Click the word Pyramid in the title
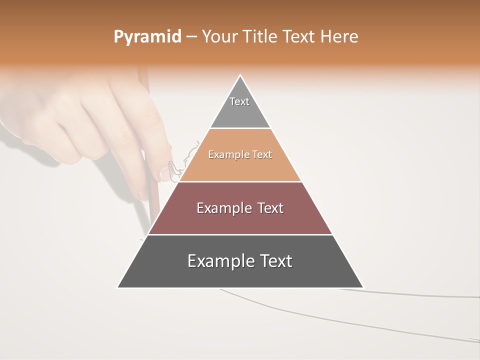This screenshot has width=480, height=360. coord(147,37)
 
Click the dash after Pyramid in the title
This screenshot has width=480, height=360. coord(191,37)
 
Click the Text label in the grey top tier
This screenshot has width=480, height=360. coord(239,101)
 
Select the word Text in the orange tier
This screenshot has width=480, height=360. coord(262,155)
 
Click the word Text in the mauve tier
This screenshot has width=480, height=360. coord(270,208)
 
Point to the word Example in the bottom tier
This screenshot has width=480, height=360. coord(220,261)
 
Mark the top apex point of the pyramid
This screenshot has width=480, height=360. coord(240,75)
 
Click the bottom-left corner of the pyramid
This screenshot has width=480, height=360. coord(118,287)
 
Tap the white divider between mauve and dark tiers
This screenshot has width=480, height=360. coord(240,234)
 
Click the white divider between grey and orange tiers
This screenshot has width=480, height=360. coord(240,128)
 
